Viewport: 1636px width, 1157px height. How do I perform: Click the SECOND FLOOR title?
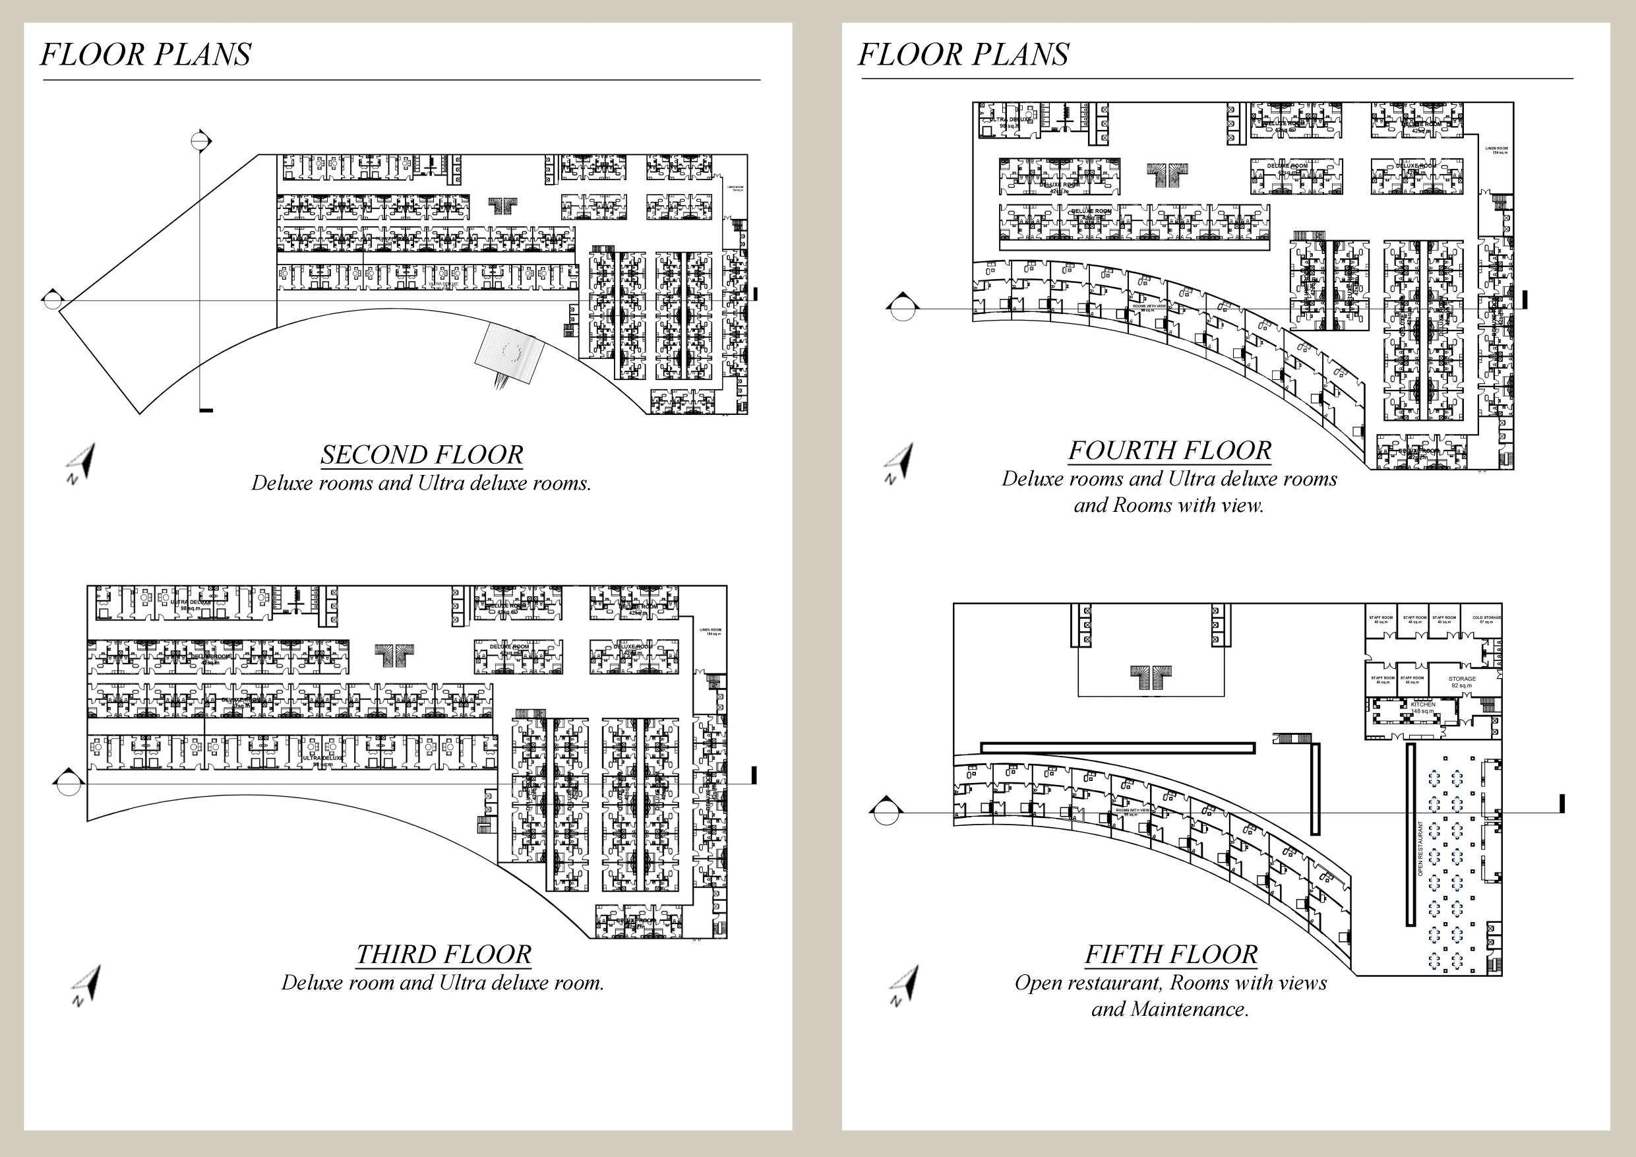(x=422, y=454)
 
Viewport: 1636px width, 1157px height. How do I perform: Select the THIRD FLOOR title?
(x=443, y=954)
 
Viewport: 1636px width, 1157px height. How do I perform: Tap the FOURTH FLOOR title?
(x=1169, y=450)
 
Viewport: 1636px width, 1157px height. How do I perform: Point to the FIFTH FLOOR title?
(x=1170, y=954)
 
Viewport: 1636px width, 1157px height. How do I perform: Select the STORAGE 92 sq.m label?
(x=1461, y=681)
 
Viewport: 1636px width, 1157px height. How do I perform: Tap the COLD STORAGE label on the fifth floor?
(x=1486, y=619)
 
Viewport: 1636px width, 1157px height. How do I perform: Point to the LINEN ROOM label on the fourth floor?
(x=1496, y=150)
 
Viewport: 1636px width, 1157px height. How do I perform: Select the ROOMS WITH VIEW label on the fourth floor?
(x=1149, y=307)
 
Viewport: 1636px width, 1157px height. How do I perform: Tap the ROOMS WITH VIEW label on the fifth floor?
(x=1132, y=811)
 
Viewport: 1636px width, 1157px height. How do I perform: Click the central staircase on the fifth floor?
(x=1151, y=676)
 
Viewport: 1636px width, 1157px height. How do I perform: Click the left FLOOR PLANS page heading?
(x=145, y=55)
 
